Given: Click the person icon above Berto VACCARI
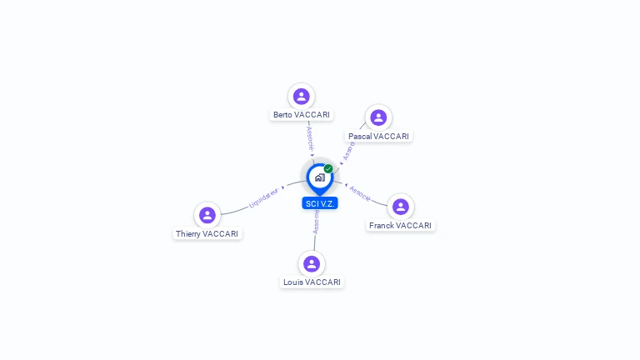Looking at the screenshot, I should [301, 97].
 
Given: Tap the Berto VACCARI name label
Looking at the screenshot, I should [301, 115].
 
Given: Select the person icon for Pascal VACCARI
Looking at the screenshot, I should [378, 117].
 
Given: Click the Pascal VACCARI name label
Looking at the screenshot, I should [378, 136].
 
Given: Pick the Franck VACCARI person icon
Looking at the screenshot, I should [401, 207].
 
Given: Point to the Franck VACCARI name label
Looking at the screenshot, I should [401, 225].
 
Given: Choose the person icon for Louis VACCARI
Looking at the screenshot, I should [312, 264].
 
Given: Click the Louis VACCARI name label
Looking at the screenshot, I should [312, 282].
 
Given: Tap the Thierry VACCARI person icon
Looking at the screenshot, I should [207, 215].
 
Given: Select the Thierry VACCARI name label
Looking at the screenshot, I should [207, 234].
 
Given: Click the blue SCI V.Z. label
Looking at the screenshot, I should [320, 203].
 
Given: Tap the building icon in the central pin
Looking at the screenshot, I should [319, 177].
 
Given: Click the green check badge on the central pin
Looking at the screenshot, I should [328, 168].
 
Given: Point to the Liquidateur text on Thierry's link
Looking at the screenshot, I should [263, 197].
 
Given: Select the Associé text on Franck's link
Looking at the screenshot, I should [360, 193].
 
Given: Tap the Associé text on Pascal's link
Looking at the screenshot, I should [349, 150].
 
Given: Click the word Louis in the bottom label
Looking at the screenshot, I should [292, 282].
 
